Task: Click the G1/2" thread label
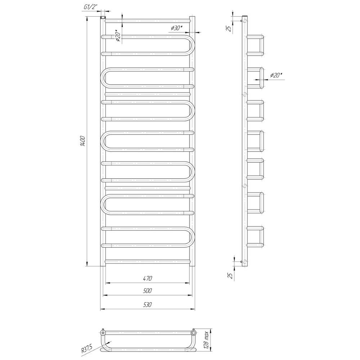(91, 7)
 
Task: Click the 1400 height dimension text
(83, 141)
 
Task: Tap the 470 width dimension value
(147, 279)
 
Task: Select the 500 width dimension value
(147, 291)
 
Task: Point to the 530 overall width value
(147, 305)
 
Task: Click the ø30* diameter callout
(176, 28)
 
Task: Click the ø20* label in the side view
(276, 75)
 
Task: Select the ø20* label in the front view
(118, 36)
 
